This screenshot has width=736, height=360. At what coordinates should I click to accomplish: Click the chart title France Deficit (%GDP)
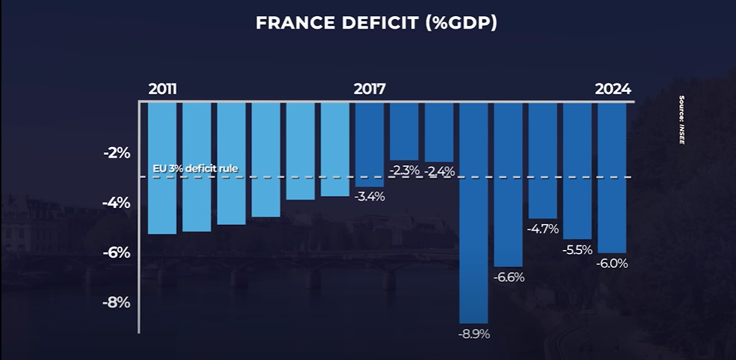click(x=376, y=23)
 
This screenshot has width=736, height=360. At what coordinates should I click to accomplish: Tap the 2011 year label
click(x=162, y=90)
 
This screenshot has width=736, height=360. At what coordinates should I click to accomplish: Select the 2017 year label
click(x=369, y=90)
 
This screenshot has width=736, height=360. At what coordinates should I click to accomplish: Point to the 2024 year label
click(x=613, y=90)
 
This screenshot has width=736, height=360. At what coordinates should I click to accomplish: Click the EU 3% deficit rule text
click(x=195, y=169)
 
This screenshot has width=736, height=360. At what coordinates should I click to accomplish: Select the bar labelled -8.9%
click(x=473, y=210)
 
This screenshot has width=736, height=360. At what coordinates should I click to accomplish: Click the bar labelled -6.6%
click(x=508, y=182)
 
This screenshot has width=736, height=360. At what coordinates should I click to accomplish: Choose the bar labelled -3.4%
click(x=370, y=144)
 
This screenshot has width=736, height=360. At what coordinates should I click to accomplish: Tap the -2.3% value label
click(x=405, y=171)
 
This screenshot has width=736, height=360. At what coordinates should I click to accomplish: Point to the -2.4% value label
click(x=440, y=171)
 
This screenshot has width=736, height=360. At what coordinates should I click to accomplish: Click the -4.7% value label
click(x=543, y=228)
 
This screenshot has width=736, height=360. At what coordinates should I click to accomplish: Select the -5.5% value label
click(x=578, y=249)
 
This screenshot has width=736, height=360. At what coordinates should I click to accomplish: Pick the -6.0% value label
click(x=612, y=264)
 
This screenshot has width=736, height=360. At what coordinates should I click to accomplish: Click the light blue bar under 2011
click(x=162, y=168)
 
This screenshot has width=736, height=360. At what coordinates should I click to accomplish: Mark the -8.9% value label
click(x=473, y=333)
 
